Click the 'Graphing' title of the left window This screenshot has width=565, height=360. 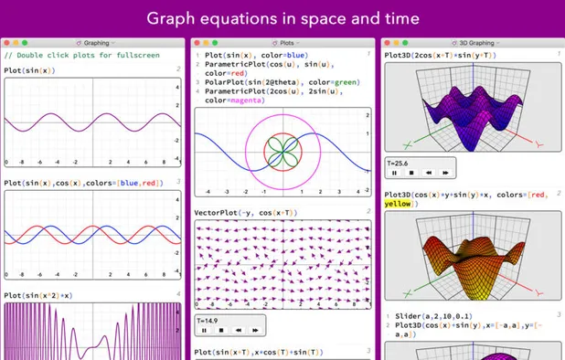coord(97,42)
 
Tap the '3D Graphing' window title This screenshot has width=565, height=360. coord(474,42)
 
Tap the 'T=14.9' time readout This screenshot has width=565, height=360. coord(208,320)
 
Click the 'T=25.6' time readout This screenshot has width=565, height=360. coord(398,162)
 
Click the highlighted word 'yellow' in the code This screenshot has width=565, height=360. coord(398,204)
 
